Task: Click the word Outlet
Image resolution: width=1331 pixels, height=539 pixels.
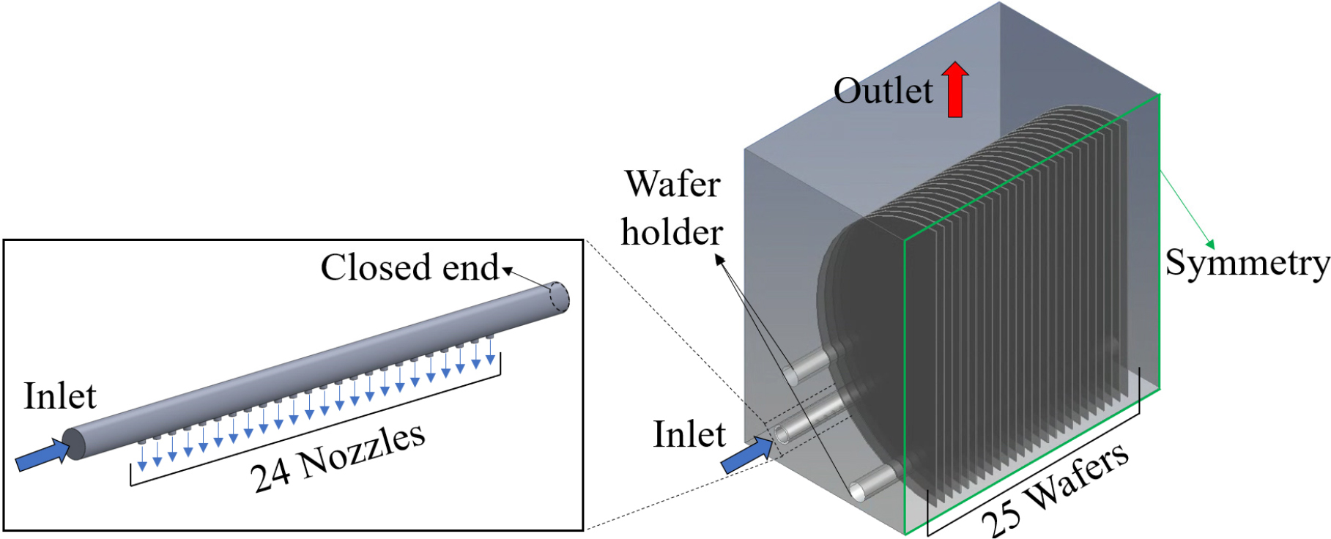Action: pos(883,92)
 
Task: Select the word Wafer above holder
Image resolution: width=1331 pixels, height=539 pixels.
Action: pos(672,184)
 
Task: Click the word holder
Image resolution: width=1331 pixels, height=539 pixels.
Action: pos(672,233)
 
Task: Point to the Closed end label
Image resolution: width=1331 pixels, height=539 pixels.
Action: pos(409,267)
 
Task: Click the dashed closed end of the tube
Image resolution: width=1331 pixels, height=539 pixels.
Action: pos(559,297)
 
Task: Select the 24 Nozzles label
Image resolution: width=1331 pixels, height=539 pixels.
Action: pos(338,458)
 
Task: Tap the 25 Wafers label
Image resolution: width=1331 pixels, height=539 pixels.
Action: pos(1055,491)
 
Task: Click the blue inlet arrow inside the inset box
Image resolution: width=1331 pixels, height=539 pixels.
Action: pos(42,455)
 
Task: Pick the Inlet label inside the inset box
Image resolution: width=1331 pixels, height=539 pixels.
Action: pos(60,396)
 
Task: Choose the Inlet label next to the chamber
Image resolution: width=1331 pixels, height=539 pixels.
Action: pos(689,434)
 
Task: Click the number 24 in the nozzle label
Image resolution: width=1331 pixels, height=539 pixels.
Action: pos(271,475)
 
